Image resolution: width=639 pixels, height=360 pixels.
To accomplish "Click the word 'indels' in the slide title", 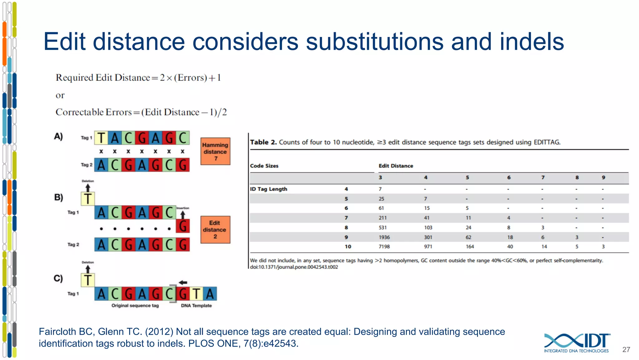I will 532,42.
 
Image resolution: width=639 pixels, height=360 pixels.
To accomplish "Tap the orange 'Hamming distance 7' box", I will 215,152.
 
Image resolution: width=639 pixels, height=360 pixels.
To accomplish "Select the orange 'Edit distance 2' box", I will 215,230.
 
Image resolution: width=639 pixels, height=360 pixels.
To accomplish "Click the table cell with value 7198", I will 384,247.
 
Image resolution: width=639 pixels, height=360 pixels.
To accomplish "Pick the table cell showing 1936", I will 384,237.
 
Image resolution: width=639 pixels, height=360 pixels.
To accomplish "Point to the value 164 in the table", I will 470,247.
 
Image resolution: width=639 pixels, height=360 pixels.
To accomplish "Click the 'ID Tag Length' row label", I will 268,189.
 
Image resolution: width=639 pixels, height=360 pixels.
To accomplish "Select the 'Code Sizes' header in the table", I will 264,166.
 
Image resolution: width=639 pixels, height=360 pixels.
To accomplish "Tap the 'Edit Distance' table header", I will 396,166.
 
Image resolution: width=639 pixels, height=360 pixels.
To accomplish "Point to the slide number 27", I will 626,350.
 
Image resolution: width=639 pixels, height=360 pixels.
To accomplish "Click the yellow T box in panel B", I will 88,199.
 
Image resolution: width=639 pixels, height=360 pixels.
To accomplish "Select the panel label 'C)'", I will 58,278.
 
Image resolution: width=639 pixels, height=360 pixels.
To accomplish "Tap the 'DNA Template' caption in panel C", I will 196,306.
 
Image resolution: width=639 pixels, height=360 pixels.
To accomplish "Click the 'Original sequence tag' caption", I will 135,306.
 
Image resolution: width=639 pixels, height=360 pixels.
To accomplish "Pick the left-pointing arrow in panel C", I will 183,282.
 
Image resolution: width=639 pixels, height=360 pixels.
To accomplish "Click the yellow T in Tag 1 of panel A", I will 101,138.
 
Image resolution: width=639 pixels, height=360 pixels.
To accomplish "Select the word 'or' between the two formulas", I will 60,95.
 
